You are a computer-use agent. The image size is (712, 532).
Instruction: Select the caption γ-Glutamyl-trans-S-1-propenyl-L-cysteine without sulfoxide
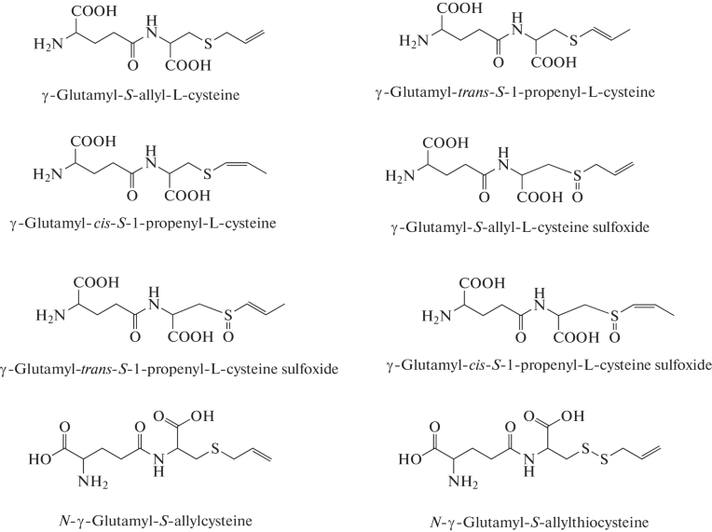(x=519, y=92)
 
